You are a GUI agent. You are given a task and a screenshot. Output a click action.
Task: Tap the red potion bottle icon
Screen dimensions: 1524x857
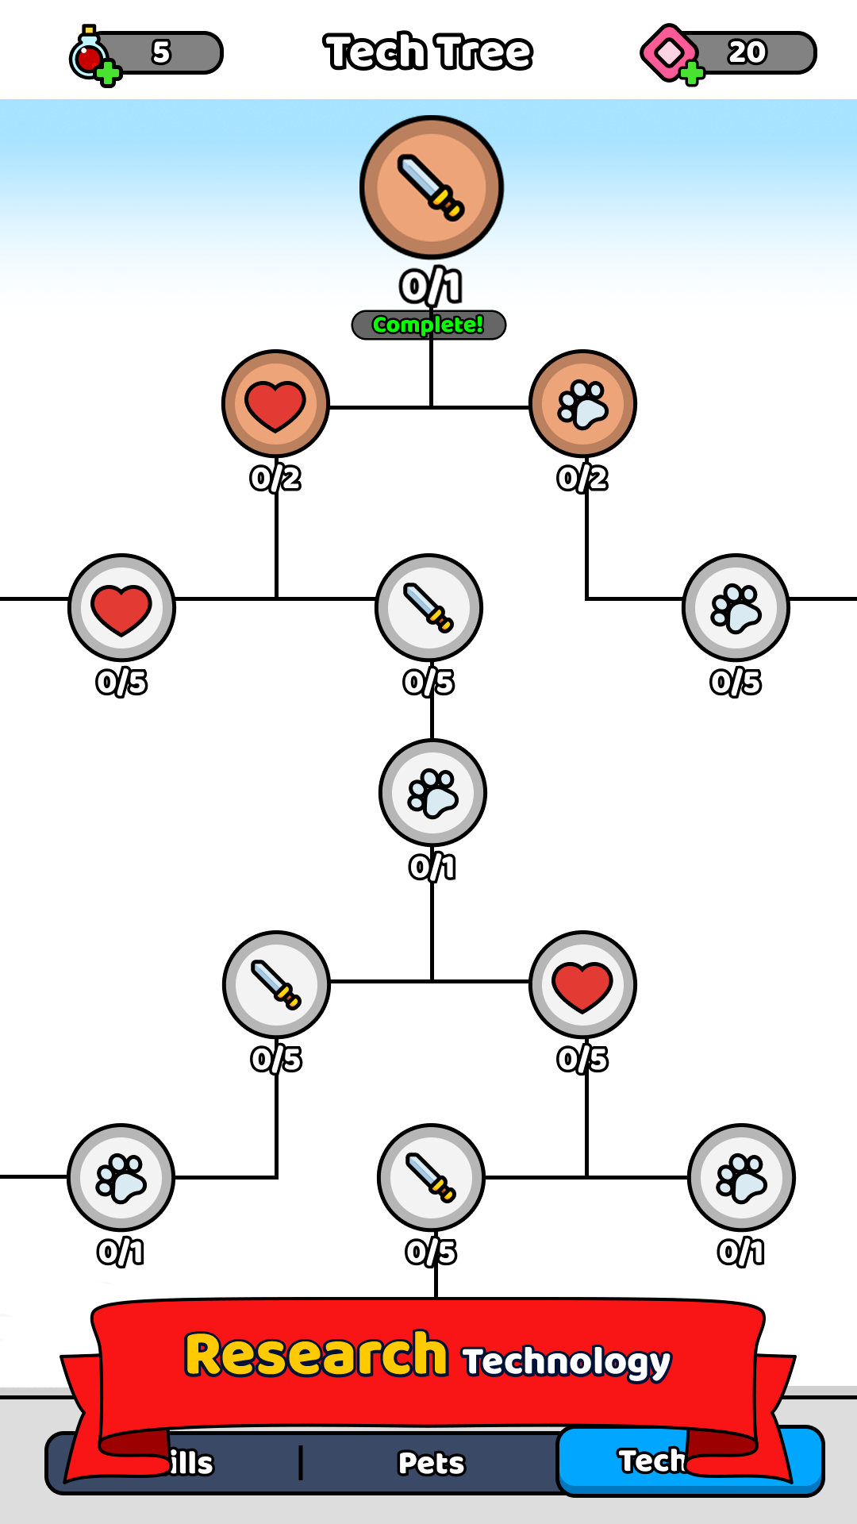click(87, 54)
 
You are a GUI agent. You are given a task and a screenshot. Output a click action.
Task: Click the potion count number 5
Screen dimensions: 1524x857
click(161, 52)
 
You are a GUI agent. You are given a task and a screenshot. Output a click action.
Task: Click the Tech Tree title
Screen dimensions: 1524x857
click(428, 52)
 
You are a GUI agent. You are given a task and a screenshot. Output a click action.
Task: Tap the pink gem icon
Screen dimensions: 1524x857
click(667, 52)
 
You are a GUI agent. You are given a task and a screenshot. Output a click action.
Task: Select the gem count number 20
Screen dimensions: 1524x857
click(747, 52)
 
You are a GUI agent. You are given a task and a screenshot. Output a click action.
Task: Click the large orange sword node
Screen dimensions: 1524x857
click(431, 187)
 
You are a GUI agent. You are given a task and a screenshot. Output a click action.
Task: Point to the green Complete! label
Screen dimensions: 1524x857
click(428, 325)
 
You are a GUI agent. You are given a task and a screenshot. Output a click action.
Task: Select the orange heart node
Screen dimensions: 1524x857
click(275, 403)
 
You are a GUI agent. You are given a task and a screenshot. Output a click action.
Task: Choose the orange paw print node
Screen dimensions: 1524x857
click(582, 403)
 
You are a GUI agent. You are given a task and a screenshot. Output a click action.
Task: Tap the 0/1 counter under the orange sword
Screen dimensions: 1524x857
click(431, 287)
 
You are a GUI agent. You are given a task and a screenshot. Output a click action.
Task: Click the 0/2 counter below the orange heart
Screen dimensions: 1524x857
click(275, 478)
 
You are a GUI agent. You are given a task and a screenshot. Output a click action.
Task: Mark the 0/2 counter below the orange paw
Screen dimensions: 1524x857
click(582, 478)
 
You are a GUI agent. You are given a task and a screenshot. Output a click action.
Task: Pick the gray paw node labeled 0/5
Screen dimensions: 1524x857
click(736, 607)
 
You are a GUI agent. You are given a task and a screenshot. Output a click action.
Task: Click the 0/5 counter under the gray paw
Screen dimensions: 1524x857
click(736, 682)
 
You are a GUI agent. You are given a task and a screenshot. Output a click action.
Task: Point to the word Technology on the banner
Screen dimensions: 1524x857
click(567, 1360)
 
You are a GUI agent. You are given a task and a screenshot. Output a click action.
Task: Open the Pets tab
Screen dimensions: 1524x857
click(431, 1463)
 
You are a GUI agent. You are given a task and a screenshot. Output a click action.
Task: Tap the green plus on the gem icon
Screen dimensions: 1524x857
click(692, 74)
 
